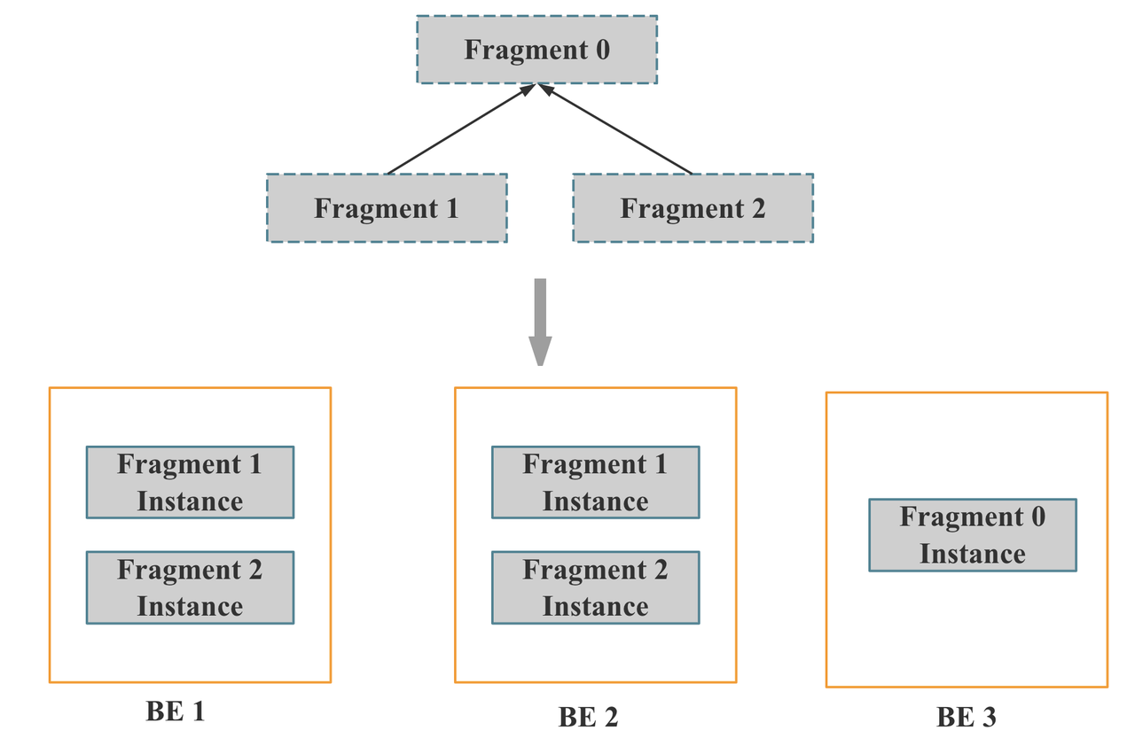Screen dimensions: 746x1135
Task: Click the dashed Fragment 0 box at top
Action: (x=536, y=50)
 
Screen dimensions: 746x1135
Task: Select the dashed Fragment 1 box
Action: (x=387, y=208)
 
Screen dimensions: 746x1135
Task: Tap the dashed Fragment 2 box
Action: (x=693, y=208)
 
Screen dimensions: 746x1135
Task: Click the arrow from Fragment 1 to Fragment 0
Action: (x=461, y=129)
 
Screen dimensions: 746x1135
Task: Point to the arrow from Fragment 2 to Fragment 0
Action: (x=616, y=129)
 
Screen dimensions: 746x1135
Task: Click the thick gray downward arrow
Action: (x=540, y=319)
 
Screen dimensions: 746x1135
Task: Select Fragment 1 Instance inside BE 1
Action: (x=190, y=482)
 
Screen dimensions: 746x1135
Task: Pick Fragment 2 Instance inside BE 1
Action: (x=190, y=587)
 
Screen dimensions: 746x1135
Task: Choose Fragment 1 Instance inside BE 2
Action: (x=595, y=482)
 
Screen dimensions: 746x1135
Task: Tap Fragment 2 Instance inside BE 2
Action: (x=595, y=587)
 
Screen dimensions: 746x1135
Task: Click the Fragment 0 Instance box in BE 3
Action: (x=972, y=535)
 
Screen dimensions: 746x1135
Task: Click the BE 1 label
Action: (x=176, y=711)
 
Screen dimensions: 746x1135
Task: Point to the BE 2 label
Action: (x=588, y=717)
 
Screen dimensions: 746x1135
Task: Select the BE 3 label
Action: (x=967, y=717)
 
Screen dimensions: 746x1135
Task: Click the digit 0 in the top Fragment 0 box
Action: (x=601, y=50)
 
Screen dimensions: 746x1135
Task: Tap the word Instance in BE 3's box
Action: (x=972, y=554)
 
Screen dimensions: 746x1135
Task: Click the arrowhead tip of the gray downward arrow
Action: (x=540, y=363)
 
